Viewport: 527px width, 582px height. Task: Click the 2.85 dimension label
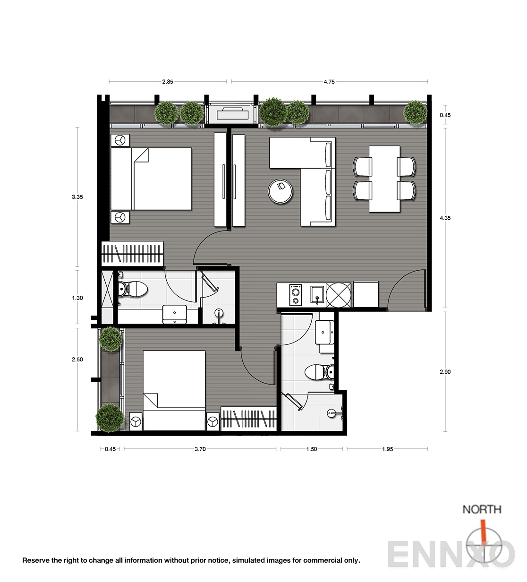point(168,82)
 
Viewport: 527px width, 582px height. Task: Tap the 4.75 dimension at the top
point(329,82)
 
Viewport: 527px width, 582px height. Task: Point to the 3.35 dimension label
point(77,197)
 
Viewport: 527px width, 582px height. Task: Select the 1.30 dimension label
point(77,298)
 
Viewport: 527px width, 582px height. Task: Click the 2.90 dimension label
point(445,372)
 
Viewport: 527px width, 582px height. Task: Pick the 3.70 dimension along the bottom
point(200,449)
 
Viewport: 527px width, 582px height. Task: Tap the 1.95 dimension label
point(388,449)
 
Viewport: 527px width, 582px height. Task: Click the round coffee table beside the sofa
point(280,191)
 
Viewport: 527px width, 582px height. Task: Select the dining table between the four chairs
point(384,179)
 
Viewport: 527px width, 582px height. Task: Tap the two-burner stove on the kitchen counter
point(296,295)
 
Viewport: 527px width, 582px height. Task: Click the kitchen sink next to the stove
point(317,295)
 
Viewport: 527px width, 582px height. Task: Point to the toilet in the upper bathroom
point(133,289)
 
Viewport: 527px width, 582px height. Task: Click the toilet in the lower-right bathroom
point(319,372)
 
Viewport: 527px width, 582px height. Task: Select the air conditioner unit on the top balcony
point(232,113)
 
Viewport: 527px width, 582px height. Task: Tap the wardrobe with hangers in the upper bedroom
point(132,253)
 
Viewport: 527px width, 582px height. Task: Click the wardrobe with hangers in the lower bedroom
point(248,419)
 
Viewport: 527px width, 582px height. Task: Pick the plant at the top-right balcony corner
point(416,112)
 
